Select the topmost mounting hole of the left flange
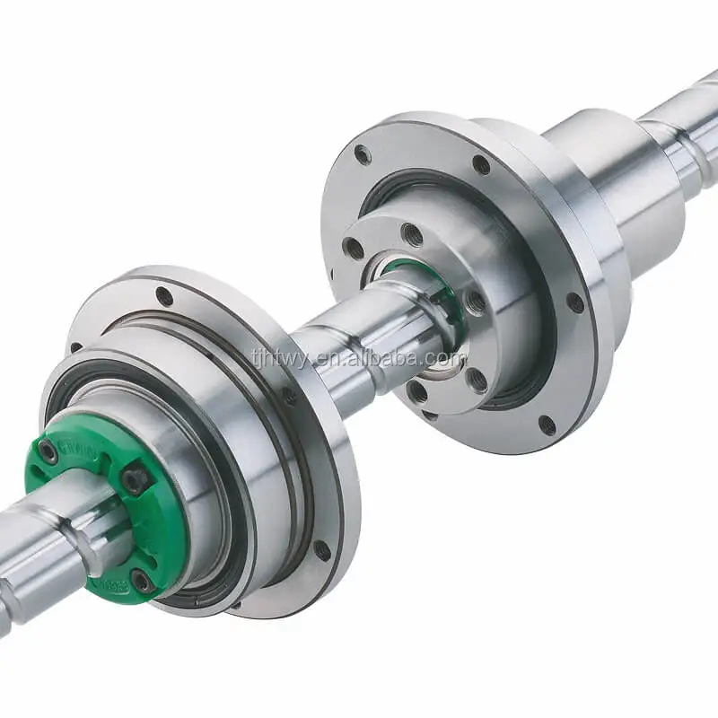164,295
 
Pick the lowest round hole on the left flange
320,548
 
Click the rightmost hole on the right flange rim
575,302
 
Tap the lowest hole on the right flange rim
546,425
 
